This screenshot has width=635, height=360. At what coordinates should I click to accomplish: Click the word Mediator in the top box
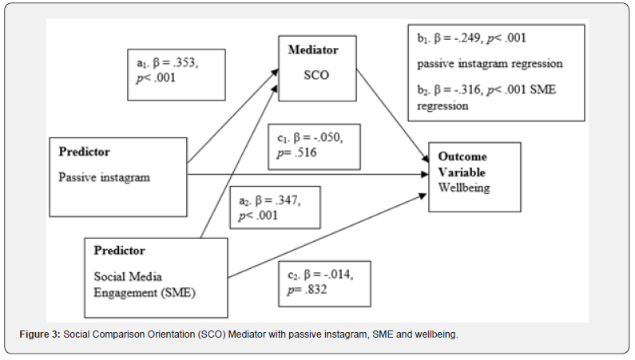312,49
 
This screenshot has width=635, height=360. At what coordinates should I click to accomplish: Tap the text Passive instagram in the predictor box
104,176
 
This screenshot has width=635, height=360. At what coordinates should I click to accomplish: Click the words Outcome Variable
462,164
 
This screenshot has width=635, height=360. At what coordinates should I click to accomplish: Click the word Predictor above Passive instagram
84,151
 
